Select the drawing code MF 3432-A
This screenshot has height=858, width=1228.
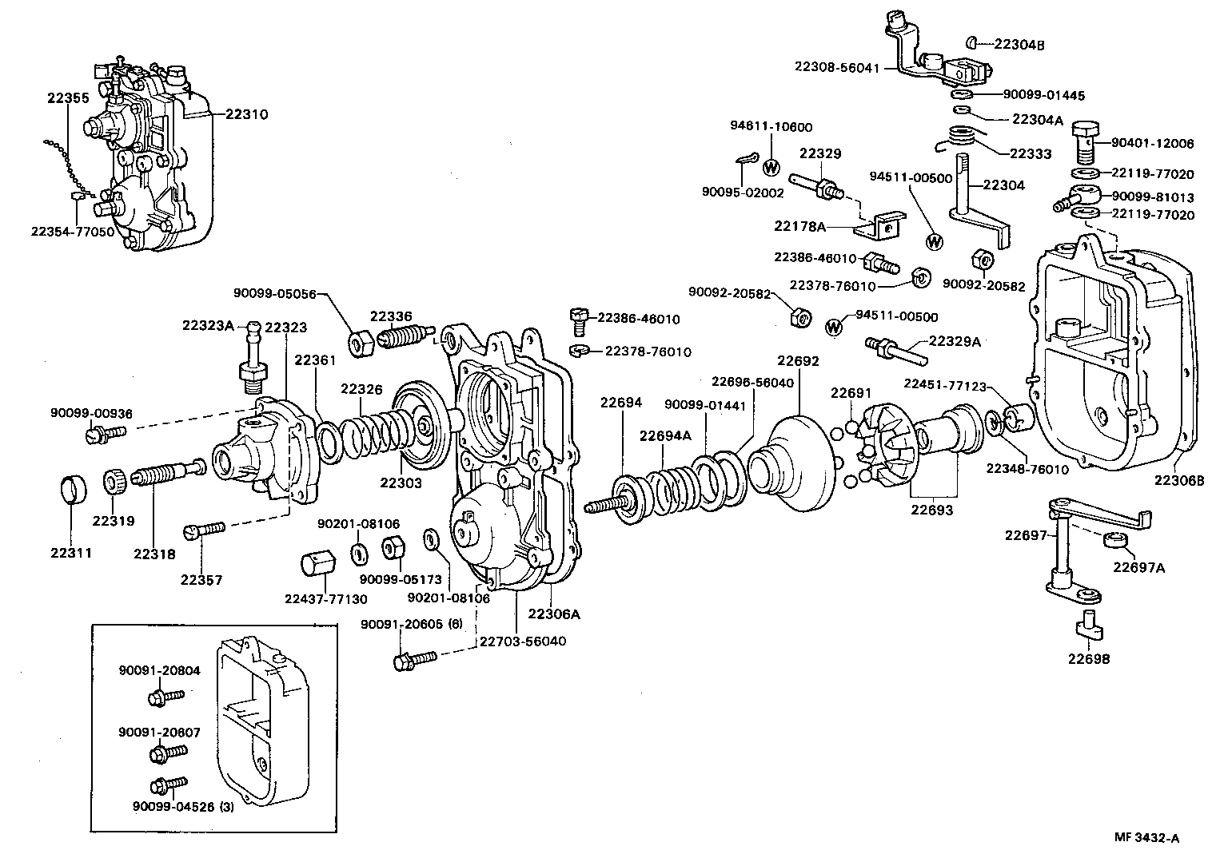[1147, 837]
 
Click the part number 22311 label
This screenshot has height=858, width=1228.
[71, 552]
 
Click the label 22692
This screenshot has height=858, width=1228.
[797, 361]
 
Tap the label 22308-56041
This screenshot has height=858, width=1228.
[836, 68]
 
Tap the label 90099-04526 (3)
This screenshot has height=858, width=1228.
[184, 806]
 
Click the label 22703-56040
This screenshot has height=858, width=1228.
[522, 641]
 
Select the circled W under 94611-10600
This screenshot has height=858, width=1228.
[771, 168]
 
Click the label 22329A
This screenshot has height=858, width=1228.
[954, 341]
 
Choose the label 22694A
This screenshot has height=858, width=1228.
[665, 435]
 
